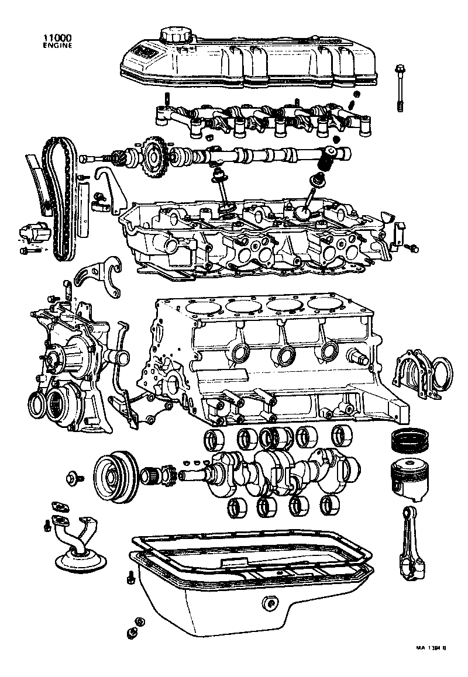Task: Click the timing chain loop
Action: click(x=58, y=199)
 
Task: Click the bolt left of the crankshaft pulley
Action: click(x=74, y=478)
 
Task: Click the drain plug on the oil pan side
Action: click(x=270, y=603)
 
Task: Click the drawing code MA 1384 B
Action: click(x=431, y=648)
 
